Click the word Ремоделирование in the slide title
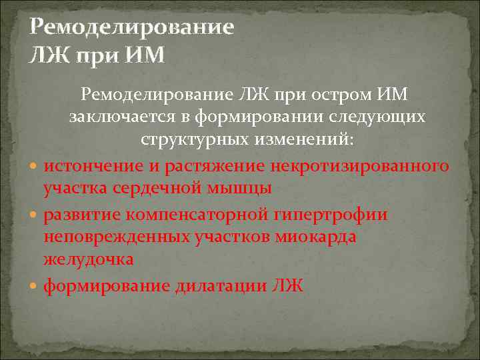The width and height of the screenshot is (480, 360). (x=132, y=28)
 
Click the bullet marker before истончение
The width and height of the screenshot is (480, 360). (x=35, y=165)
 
